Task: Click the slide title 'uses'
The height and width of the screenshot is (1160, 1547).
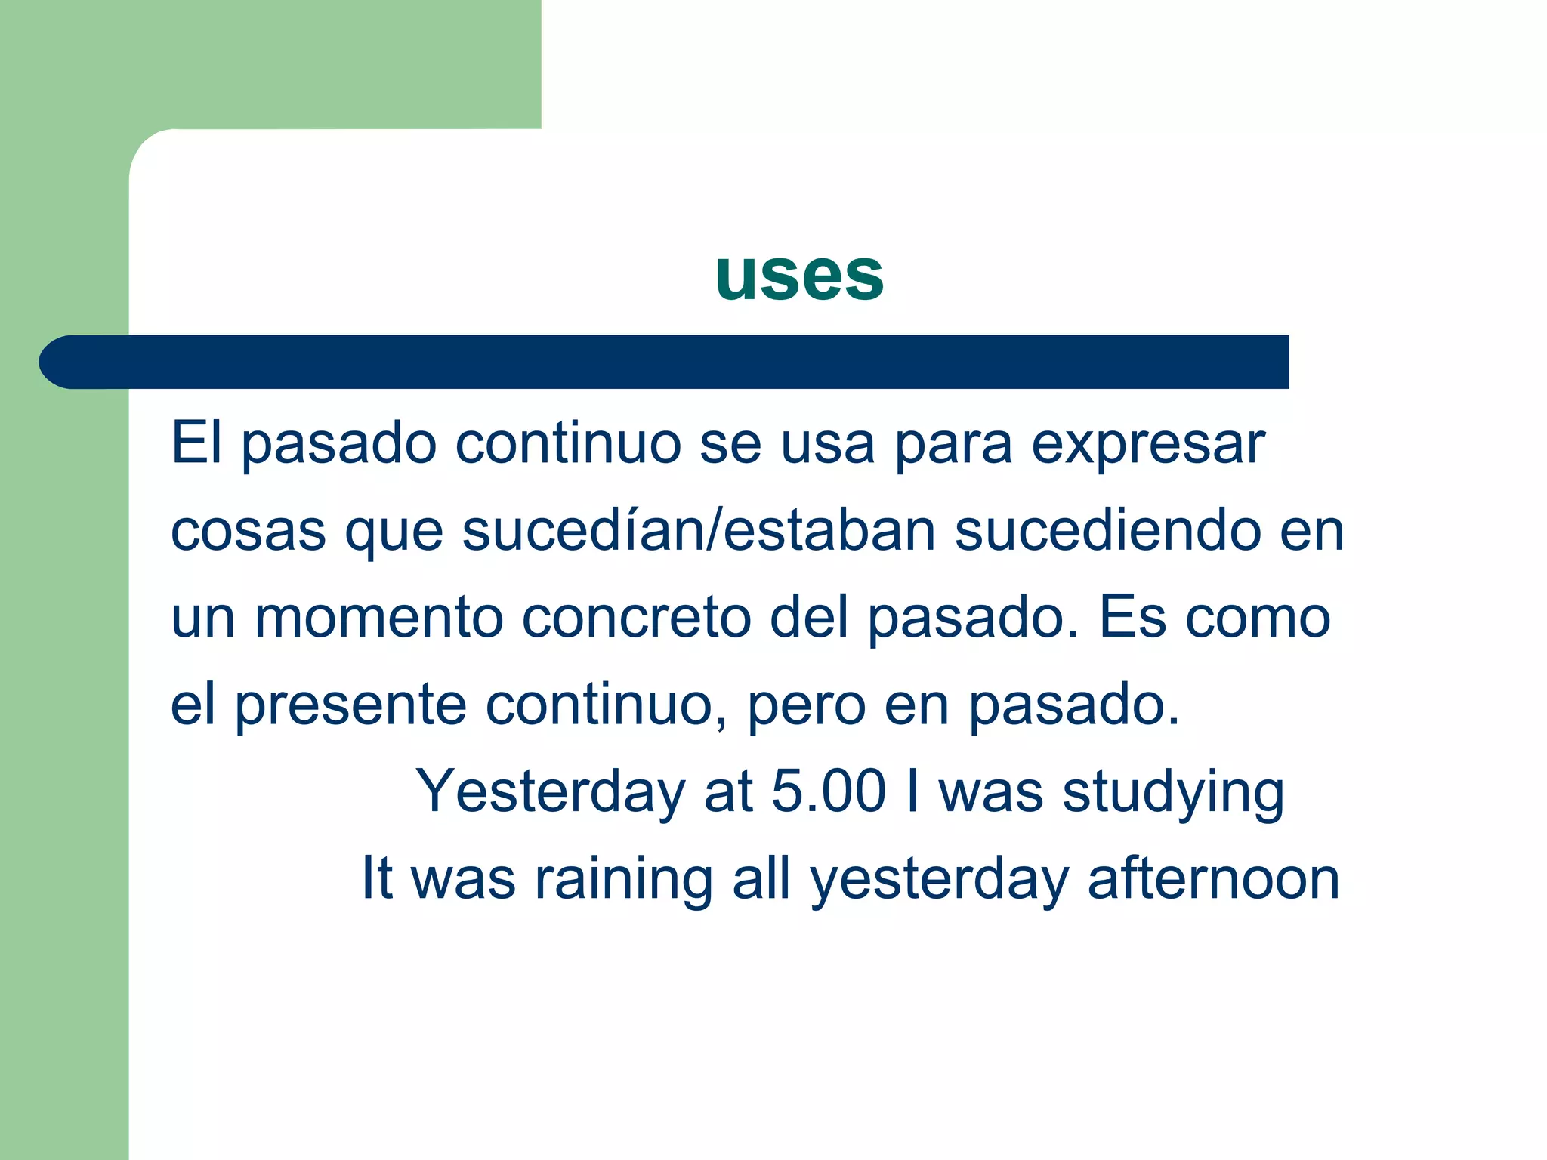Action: (799, 276)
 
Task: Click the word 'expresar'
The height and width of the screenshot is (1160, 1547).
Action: (1147, 446)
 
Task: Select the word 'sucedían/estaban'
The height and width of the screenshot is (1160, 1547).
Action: (699, 530)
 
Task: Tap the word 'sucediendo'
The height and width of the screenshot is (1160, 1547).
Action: (1107, 530)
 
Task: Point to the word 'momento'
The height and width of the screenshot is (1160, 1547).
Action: (378, 618)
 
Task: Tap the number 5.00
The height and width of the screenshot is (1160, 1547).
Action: (828, 791)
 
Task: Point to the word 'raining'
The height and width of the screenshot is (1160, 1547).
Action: (623, 880)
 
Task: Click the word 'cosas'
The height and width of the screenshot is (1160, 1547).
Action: (248, 532)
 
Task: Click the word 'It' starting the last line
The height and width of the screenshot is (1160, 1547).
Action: (377, 878)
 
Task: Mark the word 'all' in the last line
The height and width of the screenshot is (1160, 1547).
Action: (761, 878)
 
